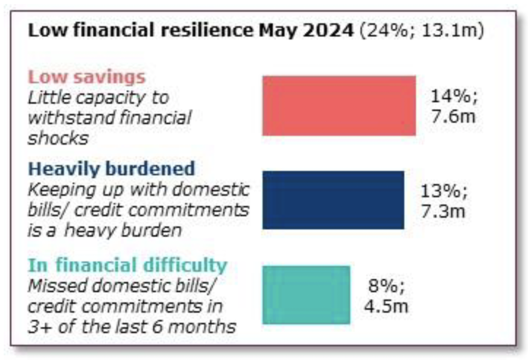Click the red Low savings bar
point(339,106)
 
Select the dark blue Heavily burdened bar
point(333,200)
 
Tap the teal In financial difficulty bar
point(306,294)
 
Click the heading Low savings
point(87,77)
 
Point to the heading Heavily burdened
point(112,169)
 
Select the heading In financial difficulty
point(127,265)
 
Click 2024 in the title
point(327,30)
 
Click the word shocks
point(58,138)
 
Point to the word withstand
point(68,118)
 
